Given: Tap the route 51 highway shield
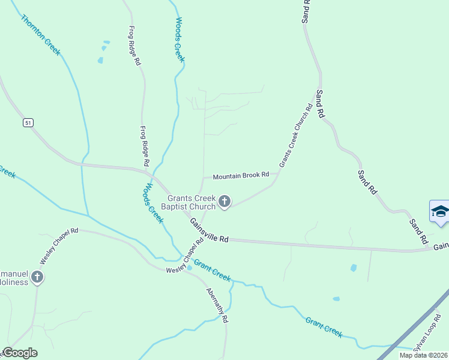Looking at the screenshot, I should tap(28, 122).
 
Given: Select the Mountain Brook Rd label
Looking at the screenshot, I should tap(241, 176).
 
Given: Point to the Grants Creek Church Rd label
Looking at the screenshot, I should tap(296, 136).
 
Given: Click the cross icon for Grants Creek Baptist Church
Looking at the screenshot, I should tap(224, 202).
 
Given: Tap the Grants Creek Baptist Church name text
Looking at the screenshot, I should tap(191, 202).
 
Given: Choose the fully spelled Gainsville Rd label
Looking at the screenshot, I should tap(209, 230).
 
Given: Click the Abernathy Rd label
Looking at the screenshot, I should tap(217, 306).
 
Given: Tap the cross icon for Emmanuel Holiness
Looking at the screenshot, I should tap(37, 277).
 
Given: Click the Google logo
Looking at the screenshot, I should tap(19, 353).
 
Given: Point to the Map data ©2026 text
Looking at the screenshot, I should tap(423, 355).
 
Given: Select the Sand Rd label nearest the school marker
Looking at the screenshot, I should tap(418, 231).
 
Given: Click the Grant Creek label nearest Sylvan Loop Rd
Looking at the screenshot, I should tap(324, 328).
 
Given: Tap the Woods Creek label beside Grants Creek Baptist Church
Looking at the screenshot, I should tap(152, 202).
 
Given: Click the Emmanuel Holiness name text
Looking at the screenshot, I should tap(13, 277).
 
